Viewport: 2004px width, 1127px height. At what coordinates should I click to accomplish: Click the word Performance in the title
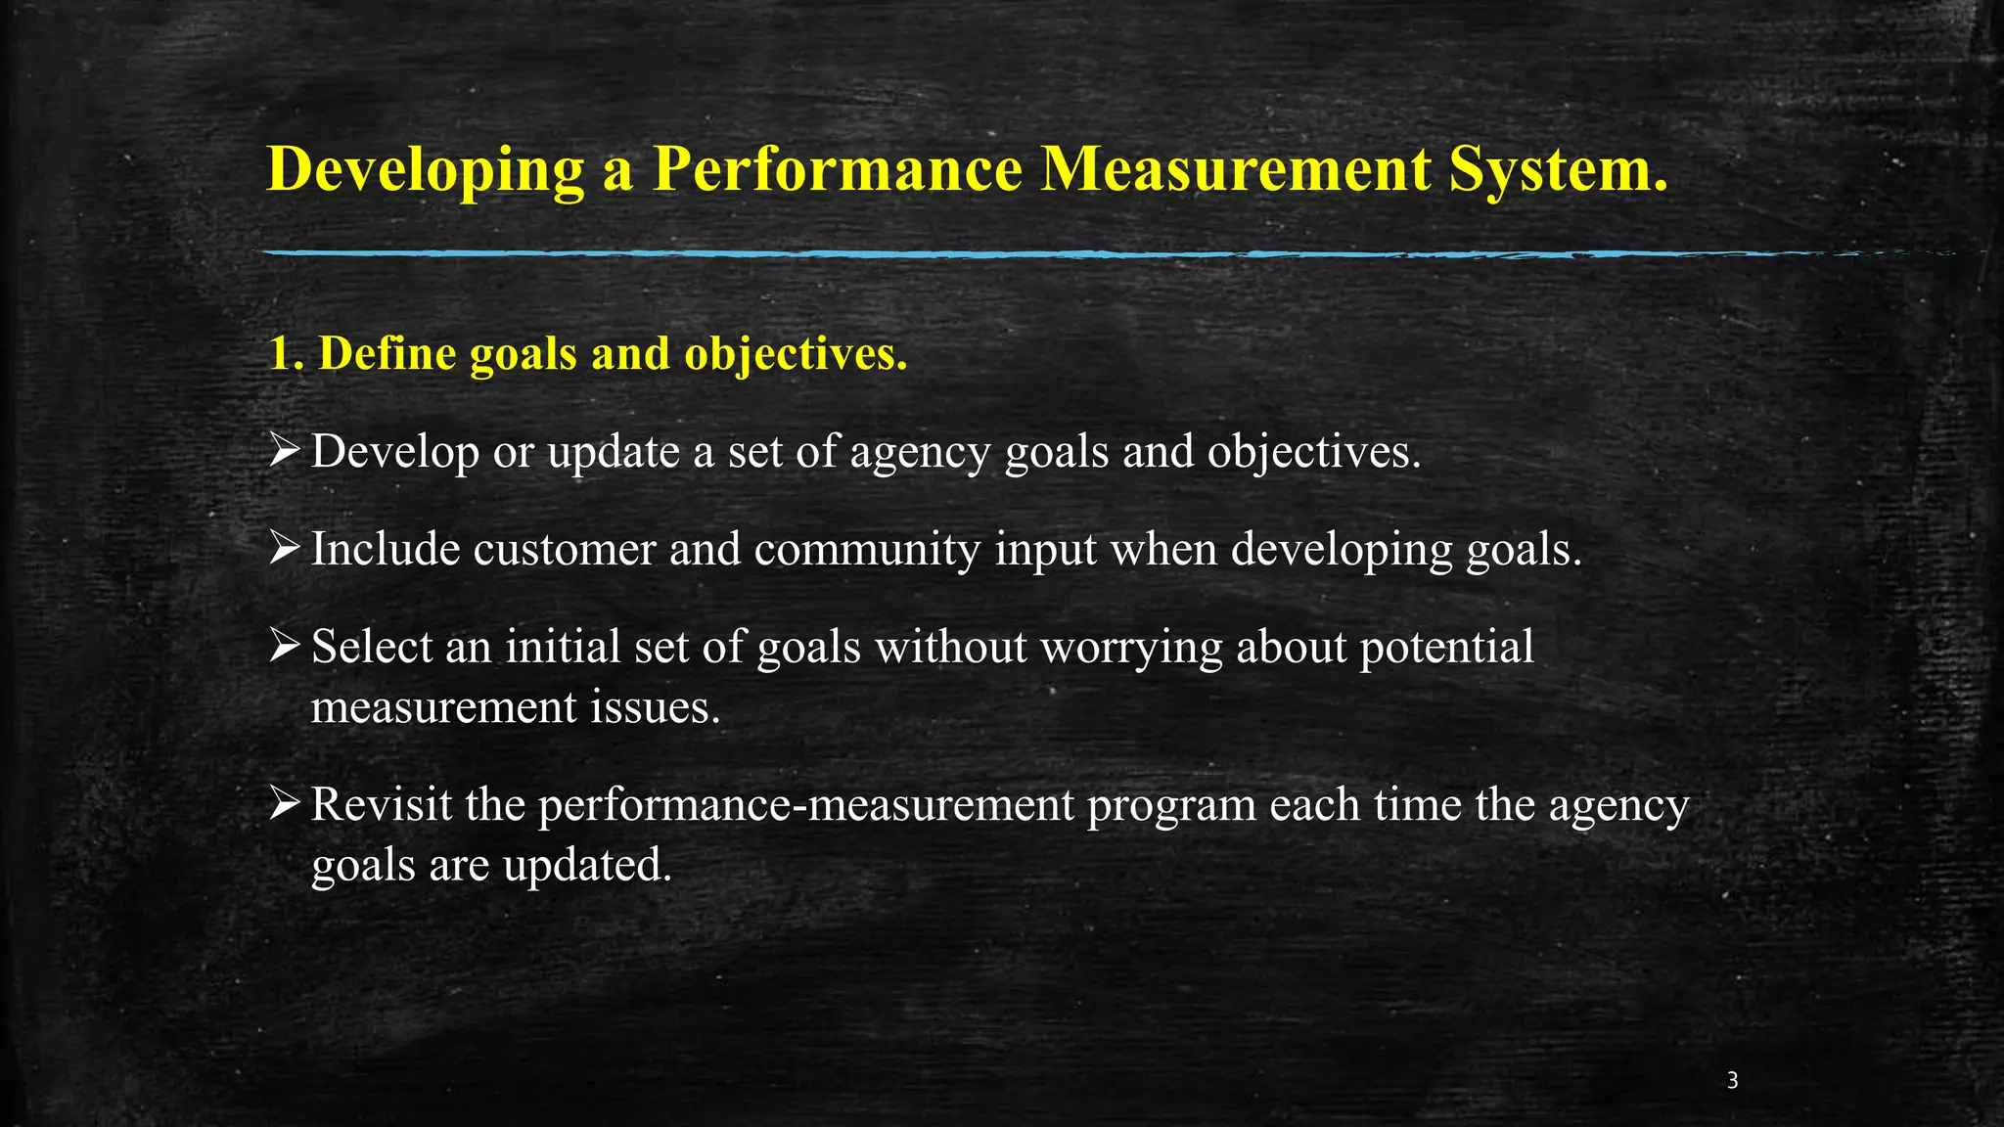[838, 169]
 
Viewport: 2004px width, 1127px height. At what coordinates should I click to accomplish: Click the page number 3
[1732, 1081]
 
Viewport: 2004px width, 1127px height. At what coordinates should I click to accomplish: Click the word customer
[564, 550]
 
